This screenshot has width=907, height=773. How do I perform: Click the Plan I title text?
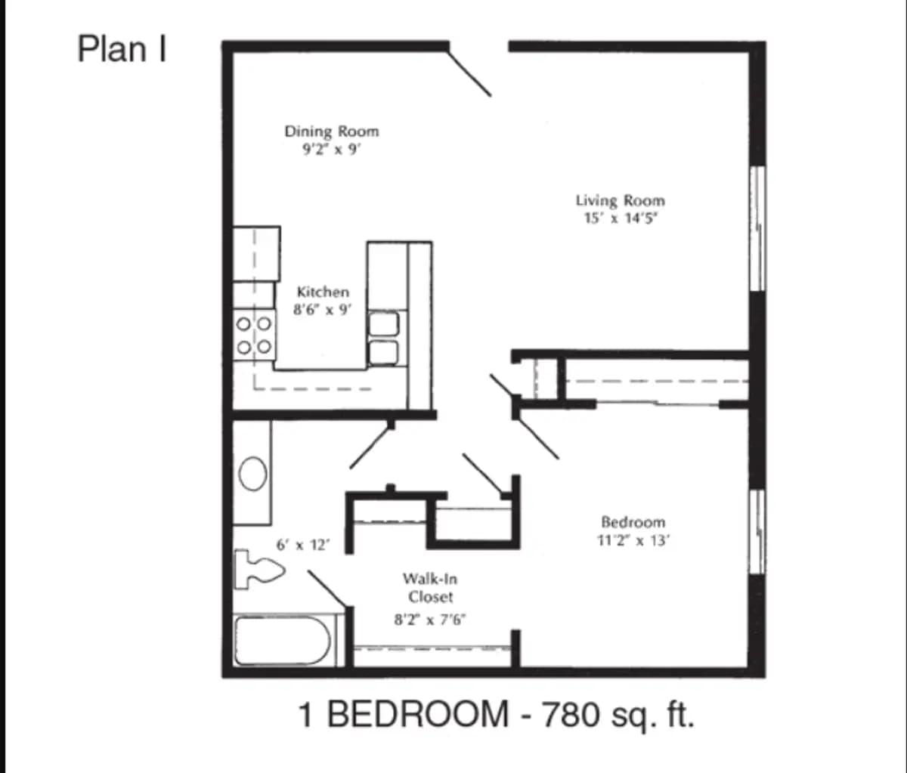122,50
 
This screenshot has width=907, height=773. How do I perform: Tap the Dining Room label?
331,131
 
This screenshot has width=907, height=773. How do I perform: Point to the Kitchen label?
323,292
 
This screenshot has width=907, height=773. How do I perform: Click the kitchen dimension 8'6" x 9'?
323,309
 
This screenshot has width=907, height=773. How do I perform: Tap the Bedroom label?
633,522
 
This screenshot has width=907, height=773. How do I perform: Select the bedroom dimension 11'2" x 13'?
633,540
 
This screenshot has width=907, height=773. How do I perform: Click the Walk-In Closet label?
430,588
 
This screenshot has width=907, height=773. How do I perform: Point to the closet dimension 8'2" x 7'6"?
430,620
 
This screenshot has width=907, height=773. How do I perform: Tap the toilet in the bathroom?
257,568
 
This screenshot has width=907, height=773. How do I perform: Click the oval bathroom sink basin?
252,473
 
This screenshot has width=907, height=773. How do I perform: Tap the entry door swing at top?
470,73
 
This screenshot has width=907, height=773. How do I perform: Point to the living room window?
757,227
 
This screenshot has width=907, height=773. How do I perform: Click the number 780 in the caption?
577,714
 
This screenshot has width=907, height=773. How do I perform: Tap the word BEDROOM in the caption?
417,714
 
